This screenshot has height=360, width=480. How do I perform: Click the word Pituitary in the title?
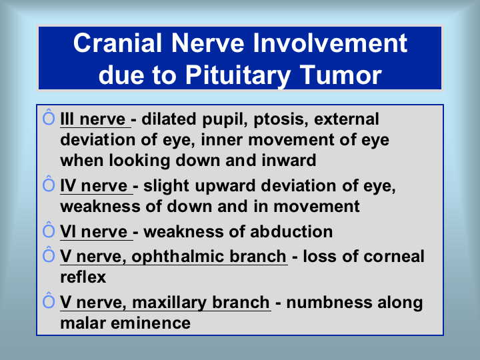238,75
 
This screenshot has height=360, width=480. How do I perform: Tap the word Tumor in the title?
341,75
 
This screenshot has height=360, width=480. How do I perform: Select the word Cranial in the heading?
117,43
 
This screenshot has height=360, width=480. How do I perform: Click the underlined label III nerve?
93,119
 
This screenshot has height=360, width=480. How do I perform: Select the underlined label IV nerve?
94,186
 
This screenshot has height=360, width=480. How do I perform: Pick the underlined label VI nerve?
94,232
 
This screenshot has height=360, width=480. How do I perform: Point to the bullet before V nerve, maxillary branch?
49,300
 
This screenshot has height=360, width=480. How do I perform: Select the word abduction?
291,232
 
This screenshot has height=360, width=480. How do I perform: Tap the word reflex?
83,277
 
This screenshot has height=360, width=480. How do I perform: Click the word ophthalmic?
178,257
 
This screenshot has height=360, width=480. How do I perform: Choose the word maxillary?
169,303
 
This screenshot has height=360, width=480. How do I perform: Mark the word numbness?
329,303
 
